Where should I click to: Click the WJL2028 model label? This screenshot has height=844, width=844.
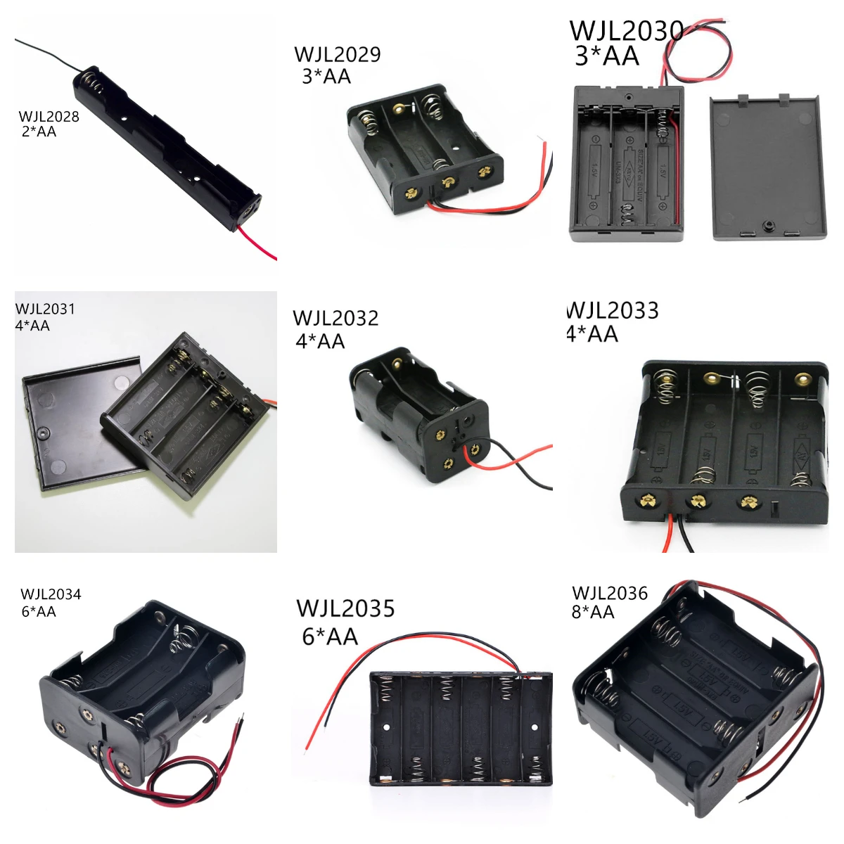click(x=49, y=117)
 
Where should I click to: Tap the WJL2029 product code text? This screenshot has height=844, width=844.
click(x=337, y=55)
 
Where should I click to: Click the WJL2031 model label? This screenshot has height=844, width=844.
click(x=45, y=309)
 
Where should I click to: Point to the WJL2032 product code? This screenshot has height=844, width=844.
click(x=335, y=319)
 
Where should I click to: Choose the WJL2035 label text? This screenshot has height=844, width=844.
click(x=345, y=608)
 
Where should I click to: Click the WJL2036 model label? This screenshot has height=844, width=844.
click(x=609, y=594)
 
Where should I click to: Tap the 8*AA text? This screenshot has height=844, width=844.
click(x=592, y=613)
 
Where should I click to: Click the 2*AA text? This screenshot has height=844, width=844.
click(x=39, y=132)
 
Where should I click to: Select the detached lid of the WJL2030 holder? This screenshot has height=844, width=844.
click(x=768, y=167)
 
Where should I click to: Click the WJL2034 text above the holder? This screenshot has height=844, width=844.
click(x=51, y=594)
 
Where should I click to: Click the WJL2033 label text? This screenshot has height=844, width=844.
click(x=613, y=311)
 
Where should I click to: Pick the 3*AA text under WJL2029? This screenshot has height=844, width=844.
click(x=326, y=76)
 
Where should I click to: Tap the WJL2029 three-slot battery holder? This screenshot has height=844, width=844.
click(x=426, y=148)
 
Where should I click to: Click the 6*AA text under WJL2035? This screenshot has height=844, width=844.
click(x=330, y=637)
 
